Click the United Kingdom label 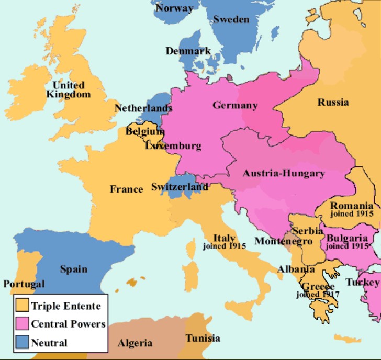[x=68, y=89]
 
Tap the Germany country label [x=235, y=105]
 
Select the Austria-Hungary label [x=284, y=173]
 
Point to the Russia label [x=333, y=102]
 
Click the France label [x=126, y=189]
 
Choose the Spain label [x=73, y=269]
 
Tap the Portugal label [x=24, y=284]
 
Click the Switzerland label [x=180, y=187]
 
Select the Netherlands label [x=143, y=108]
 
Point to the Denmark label [x=188, y=51]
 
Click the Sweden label [x=231, y=19]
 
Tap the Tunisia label [x=203, y=338]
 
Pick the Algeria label [x=135, y=343]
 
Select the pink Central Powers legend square [x=22, y=323]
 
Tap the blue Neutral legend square [x=22, y=342]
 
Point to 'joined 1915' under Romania [x=351, y=214]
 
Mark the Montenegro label [x=283, y=241]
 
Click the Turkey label [x=362, y=283]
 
